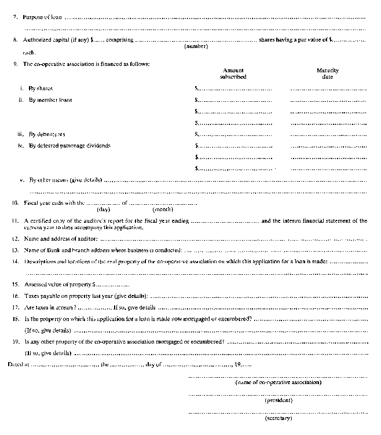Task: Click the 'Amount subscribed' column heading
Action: tap(233, 73)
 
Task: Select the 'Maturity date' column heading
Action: tap(328, 73)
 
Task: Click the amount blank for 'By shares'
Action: tap(234, 89)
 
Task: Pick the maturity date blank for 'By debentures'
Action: tap(328, 134)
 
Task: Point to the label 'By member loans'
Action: tap(51, 100)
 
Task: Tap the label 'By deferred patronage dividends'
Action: tap(69, 145)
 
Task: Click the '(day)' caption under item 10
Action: tap(103, 209)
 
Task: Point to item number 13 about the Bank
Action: tap(16, 250)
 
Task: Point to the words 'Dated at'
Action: tap(18, 364)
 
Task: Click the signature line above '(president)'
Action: tap(278, 394)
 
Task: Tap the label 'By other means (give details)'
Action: tap(65, 180)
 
